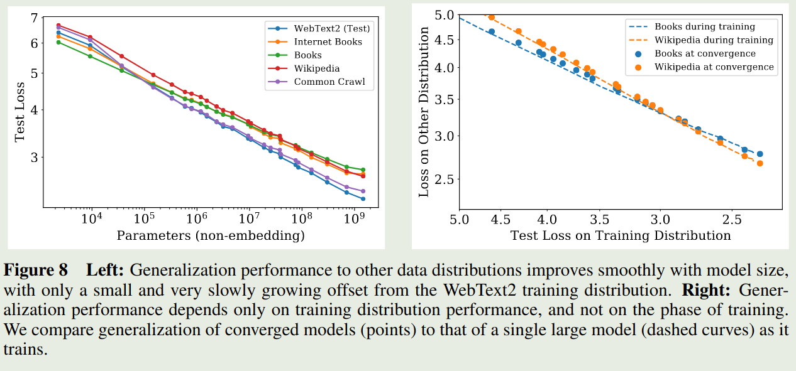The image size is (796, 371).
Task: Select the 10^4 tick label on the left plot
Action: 92,220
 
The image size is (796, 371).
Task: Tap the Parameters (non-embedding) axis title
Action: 211,236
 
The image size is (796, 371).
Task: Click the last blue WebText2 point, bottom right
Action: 363,199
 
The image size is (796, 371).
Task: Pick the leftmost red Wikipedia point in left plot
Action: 58,26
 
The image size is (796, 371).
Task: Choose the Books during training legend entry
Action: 704,27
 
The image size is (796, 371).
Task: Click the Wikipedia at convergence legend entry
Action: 714,67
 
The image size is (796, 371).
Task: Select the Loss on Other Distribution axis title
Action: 424,112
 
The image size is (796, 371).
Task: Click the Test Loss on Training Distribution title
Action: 620,236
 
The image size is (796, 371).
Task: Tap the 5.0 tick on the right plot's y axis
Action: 443,14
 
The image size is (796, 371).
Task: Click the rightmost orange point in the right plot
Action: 760,163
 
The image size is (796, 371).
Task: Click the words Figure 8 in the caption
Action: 36,271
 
